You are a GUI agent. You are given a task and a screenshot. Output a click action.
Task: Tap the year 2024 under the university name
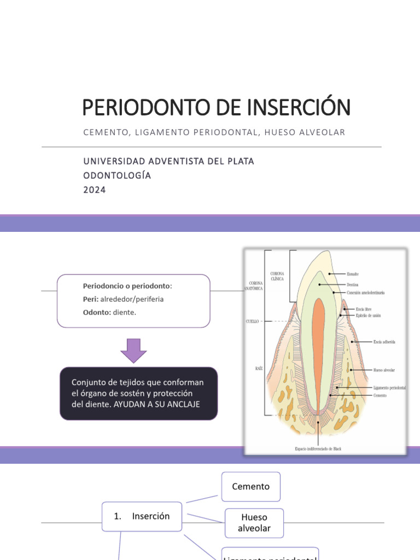coord(95,190)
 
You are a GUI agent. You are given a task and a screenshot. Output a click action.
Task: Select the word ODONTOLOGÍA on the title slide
coord(117,176)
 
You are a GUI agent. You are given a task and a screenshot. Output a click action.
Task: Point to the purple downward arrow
coord(133,351)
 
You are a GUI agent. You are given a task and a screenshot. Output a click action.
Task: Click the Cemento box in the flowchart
coord(250,486)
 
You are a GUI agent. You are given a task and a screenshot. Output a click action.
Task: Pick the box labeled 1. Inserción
coord(142,516)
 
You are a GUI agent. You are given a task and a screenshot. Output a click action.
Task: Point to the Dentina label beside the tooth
coord(353,284)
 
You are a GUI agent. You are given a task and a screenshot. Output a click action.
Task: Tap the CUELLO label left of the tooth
coord(252,322)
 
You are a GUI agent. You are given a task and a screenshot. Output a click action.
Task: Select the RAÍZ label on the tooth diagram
coord(259,369)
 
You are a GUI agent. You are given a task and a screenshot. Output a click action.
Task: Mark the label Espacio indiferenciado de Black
coord(319,449)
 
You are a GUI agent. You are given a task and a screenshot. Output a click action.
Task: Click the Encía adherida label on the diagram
coord(384,342)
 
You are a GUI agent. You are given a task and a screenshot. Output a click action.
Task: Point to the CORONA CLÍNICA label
coord(277,276)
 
